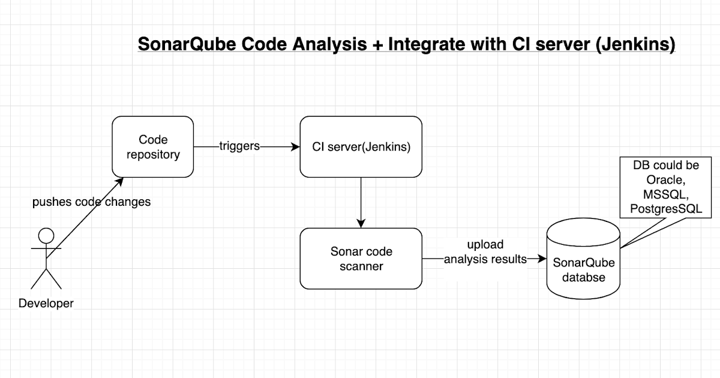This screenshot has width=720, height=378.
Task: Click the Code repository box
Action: pos(153,147)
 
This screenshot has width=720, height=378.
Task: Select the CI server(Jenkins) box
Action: pos(361,147)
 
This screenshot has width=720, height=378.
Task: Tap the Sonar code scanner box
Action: pos(361,258)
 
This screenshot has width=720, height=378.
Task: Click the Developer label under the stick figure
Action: pos(46,304)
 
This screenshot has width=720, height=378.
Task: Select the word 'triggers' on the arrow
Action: pos(239,146)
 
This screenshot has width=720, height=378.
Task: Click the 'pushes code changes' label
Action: pos(91,202)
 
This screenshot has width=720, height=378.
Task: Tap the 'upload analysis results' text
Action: pos(485,252)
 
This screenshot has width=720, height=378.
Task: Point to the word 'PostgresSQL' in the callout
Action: pos(666,208)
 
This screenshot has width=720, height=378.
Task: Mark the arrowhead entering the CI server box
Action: pos(295,146)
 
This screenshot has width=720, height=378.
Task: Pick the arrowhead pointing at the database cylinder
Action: pos(543,259)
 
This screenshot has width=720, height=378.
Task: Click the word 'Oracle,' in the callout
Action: pos(666,179)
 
